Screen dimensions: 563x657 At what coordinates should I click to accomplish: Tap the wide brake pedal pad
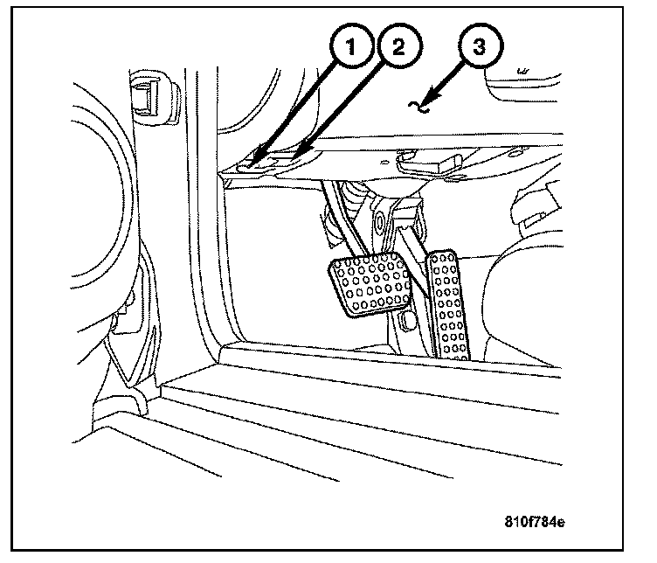click(370, 286)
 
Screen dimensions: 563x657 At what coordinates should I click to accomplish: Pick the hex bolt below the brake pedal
click(404, 325)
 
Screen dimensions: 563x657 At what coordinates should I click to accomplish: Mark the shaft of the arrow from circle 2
click(341, 109)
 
